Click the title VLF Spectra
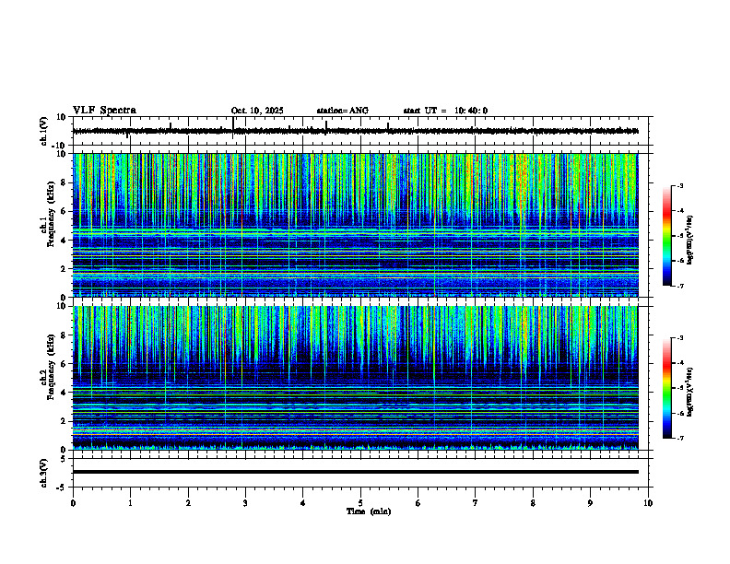click(104, 111)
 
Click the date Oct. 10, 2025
click(257, 111)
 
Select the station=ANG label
click(342, 111)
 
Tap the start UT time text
click(445, 111)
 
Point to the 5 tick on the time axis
click(360, 503)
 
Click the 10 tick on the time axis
click(648, 503)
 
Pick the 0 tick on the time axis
click(73, 503)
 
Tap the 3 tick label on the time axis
click(245, 503)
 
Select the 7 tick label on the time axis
click(476, 503)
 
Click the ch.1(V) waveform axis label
click(44, 131)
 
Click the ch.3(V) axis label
click(44, 471)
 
